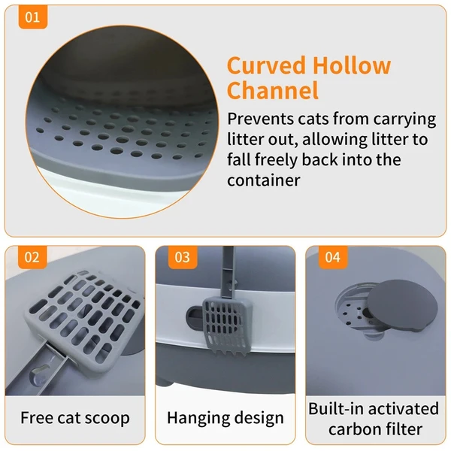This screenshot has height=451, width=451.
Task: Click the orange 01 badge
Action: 31,17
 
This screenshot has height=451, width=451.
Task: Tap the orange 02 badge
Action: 31,257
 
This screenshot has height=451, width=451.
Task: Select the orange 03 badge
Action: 182,257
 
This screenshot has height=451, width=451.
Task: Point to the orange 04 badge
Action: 331,257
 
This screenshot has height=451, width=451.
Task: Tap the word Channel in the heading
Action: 273,91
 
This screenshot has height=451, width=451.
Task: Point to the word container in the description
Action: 263,180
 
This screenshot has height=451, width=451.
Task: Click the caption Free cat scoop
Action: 74,418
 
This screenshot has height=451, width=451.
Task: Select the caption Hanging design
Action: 225,418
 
